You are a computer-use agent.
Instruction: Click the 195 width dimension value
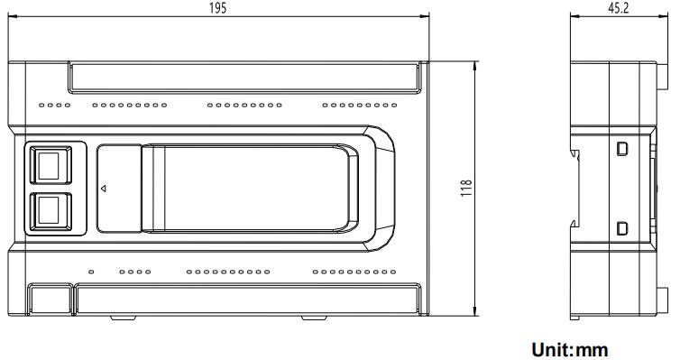pyautogui.click(x=217, y=8)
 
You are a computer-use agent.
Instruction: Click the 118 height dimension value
pyautogui.click(x=466, y=189)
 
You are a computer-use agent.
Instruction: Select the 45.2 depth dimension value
pyautogui.click(x=619, y=8)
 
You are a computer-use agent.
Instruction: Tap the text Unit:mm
pyautogui.click(x=570, y=349)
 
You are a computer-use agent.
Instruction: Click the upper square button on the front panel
pyautogui.click(x=51, y=165)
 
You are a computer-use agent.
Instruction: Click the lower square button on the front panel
pyautogui.click(x=51, y=212)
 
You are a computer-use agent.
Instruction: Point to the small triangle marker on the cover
pyautogui.click(x=103, y=189)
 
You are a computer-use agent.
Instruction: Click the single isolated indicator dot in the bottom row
pyautogui.click(x=91, y=272)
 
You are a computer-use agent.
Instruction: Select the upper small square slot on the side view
pyautogui.click(x=622, y=149)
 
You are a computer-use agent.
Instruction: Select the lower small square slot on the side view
pyautogui.click(x=622, y=228)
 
